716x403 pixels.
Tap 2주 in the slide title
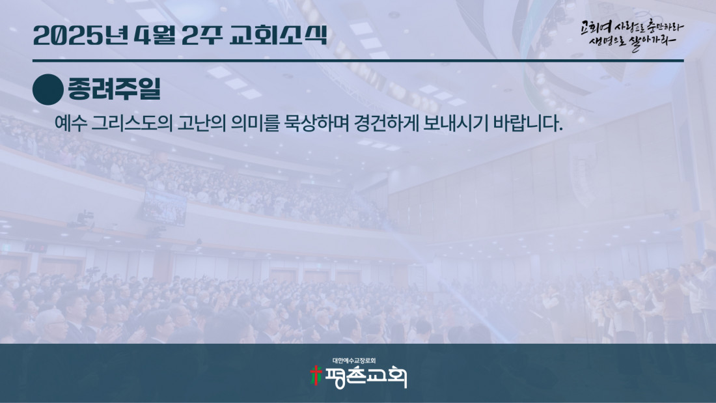tap(202, 35)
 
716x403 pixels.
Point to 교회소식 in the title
tap(278, 35)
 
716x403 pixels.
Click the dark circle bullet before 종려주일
tap(48, 90)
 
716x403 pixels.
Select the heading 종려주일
tap(114, 89)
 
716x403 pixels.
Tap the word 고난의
tap(202, 123)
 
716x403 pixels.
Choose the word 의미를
tap(255, 123)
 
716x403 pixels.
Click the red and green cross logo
tap(316, 376)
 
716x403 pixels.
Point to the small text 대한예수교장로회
tap(354, 361)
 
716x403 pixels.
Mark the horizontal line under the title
tap(358, 61)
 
